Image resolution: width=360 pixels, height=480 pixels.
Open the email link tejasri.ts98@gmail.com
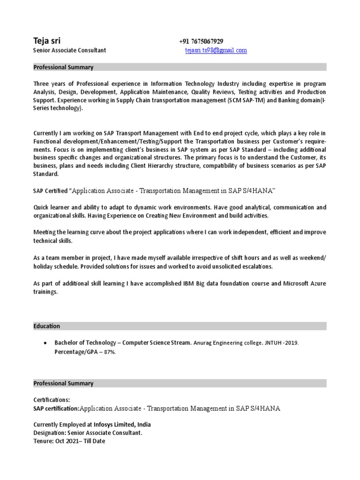click(216, 50)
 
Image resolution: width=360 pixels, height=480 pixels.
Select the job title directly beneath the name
click(69, 50)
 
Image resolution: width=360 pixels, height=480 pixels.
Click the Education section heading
click(46, 326)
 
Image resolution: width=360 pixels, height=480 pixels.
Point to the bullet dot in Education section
click(45, 343)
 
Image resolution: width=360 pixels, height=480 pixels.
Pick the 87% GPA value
click(109, 352)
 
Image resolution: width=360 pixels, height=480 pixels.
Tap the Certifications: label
click(52, 400)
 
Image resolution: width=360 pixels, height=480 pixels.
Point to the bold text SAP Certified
click(50, 190)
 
